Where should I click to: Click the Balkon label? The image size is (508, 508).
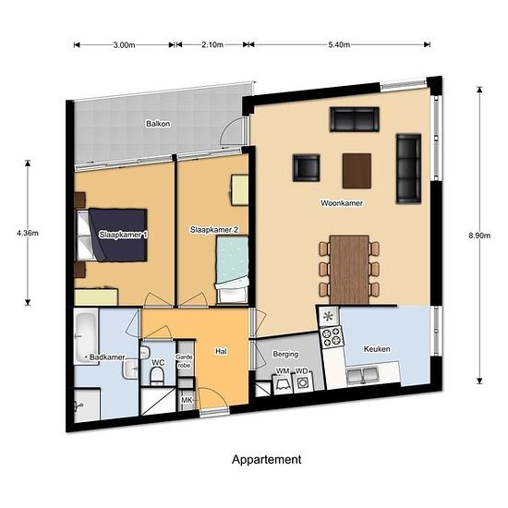coord(158,124)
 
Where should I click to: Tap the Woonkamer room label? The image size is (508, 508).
coord(342,203)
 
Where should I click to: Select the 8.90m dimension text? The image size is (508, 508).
coord(479,236)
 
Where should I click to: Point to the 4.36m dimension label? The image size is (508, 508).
coord(28,233)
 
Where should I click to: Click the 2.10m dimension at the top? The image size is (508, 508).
coord(212,44)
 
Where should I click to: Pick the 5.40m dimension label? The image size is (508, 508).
coord(339,44)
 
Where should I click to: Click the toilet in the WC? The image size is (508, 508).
coord(157,376)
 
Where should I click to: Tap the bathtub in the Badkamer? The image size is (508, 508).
coord(86,336)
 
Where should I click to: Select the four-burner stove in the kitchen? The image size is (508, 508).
coord(331,336)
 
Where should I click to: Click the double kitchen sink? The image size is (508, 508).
coord(362,376)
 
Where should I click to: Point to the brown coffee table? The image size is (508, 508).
coord(357,171)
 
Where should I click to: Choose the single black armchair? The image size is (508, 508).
coord(306,168)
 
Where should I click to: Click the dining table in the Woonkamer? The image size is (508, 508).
coord(349,270)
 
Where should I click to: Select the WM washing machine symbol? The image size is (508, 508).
coord(283,384)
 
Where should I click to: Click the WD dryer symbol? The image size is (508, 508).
coord(303,382)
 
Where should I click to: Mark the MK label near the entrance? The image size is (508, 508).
coord(187,400)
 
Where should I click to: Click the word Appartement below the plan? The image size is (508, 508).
coord(267,459)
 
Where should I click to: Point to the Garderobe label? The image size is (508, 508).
coord(184,361)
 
